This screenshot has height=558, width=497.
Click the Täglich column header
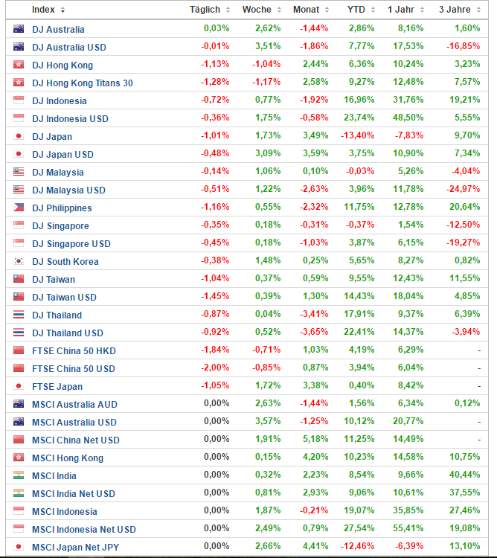pos(205,10)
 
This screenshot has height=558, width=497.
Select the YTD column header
pos(356,10)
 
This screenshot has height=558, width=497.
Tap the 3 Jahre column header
pos(455,10)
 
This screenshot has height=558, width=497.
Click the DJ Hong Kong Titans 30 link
pos(83,83)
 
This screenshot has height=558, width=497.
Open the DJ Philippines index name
pos(62,208)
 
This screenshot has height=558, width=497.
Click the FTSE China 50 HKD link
pos(74,350)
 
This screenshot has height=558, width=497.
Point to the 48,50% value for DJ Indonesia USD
pos(408,118)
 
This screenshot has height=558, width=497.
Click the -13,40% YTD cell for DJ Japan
pos(359,136)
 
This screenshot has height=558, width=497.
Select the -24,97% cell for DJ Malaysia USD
pos(463,190)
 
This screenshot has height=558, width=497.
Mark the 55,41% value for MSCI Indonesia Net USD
pos(408,529)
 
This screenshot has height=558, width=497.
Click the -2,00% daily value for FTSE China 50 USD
pos(216,368)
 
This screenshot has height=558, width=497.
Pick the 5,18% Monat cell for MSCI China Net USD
pos(315,440)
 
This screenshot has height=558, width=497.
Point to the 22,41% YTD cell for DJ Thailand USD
pos(361,333)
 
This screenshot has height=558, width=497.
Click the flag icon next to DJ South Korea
pos(19,261)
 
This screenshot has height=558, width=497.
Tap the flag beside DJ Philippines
pos(19,208)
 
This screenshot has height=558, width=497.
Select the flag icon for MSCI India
pos(19,475)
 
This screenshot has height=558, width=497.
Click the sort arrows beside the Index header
pos(62,10)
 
